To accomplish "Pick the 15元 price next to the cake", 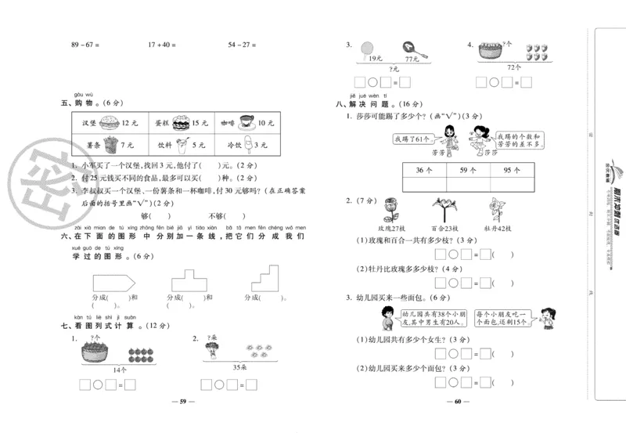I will click(x=200, y=123).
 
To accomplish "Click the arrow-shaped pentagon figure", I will click(x=114, y=280).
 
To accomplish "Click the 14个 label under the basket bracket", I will click(x=118, y=368).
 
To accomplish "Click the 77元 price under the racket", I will click(x=409, y=60).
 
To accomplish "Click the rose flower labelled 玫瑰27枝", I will click(x=388, y=211).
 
